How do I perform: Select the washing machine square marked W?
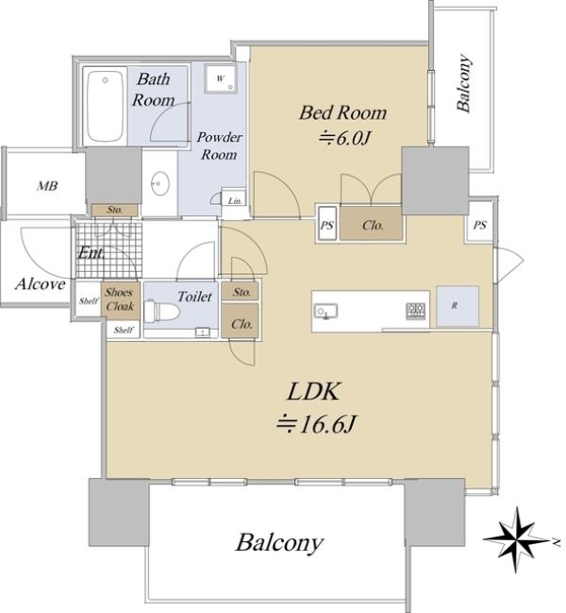(x=220, y=78)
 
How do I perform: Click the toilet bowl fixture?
(x=170, y=313)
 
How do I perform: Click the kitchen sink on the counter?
(x=326, y=310)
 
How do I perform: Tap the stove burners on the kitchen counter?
(x=416, y=310)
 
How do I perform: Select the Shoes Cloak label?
(x=119, y=298)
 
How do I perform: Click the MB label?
(x=46, y=186)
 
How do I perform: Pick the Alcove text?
(x=40, y=283)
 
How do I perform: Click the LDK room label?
(x=313, y=391)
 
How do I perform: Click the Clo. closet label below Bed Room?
(x=372, y=226)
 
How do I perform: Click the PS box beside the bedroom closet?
(x=327, y=225)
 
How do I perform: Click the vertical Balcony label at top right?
(x=464, y=85)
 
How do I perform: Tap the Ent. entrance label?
(x=92, y=253)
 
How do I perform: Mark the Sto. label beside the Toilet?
(x=241, y=293)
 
